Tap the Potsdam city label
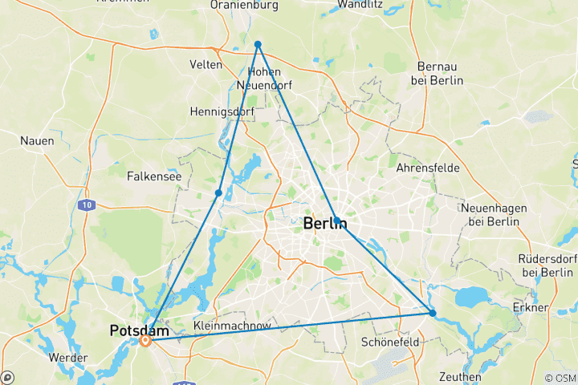tap(140, 330)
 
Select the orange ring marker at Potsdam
tap(145, 341)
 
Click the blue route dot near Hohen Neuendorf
tap(258, 44)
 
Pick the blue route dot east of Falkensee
tap(218, 192)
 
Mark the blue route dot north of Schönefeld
tap(433, 313)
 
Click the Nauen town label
tap(37, 140)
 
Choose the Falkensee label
tap(155, 175)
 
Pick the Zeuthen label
tap(460, 376)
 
